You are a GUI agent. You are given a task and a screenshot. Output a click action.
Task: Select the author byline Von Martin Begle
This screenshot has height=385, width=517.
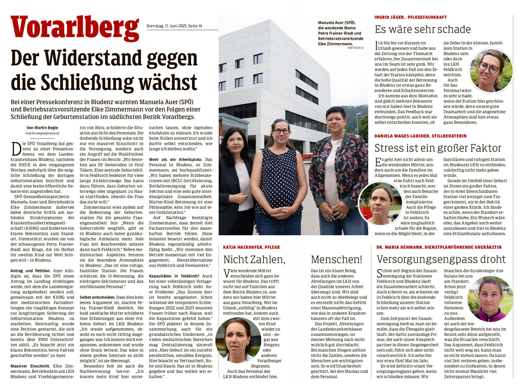42,128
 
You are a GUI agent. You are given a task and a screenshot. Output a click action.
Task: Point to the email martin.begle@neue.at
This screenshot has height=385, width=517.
42,133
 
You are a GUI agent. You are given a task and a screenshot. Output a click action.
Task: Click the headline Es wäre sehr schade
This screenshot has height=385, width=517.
422,30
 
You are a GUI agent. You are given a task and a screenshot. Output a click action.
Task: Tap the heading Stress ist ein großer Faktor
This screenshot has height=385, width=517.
437,148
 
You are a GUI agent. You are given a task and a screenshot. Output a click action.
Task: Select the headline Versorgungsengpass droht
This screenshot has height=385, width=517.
441,259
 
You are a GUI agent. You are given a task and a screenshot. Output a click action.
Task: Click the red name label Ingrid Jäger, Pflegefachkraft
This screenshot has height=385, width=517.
410,17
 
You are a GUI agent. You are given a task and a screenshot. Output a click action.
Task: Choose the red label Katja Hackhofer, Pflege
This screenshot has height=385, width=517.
251,247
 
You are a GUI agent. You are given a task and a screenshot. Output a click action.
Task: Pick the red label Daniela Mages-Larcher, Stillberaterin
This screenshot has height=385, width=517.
420,136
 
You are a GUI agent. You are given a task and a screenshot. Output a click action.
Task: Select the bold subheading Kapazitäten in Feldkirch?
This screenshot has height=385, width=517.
174,276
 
